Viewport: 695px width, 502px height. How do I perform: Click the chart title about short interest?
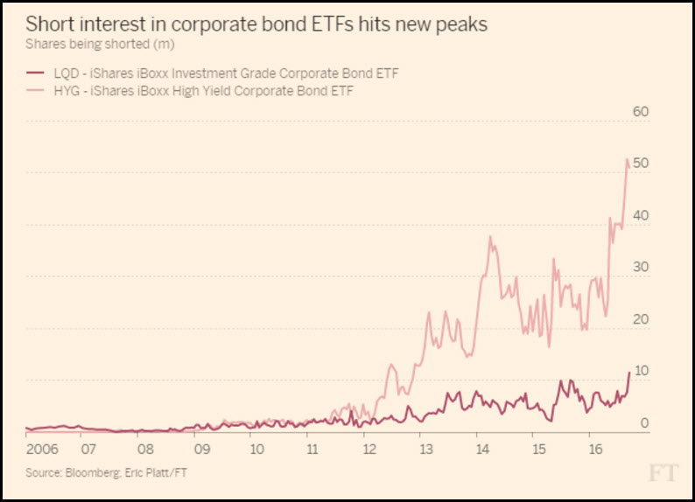click(x=256, y=24)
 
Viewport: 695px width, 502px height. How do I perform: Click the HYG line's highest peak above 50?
click(x=627, y=159)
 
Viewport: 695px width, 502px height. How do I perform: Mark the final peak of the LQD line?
click(x=628, y=373)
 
